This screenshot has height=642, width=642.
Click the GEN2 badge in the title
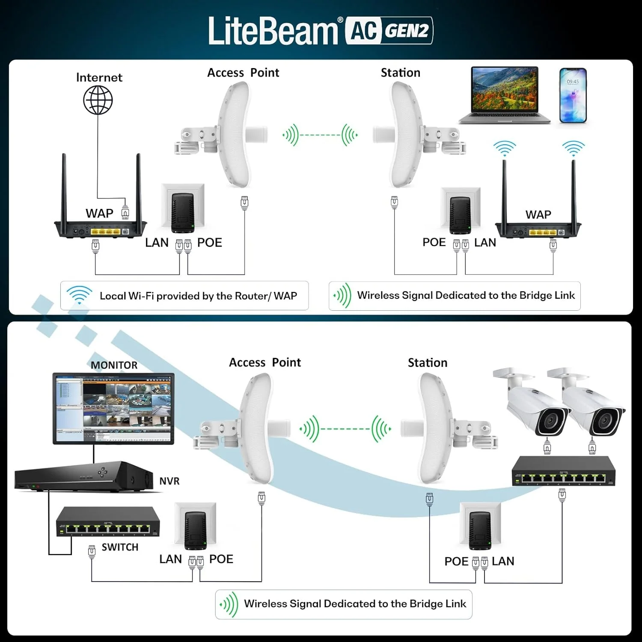point(407,30)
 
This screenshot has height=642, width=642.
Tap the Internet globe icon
point(98,100)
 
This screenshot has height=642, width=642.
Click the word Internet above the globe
point(99,77)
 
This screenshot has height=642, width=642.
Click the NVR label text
point(169,481)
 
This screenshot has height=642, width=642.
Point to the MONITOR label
point(114,365)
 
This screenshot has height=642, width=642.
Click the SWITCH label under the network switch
point(120,547)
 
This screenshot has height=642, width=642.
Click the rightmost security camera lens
point(604,422)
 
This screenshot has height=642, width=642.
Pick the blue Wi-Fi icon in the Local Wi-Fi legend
point(79,295)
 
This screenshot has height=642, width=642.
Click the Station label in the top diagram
point(400,73)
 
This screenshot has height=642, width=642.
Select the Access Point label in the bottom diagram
point(265,363)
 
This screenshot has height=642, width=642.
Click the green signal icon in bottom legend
point(229,604)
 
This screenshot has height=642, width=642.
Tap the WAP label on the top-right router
point(538,214)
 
